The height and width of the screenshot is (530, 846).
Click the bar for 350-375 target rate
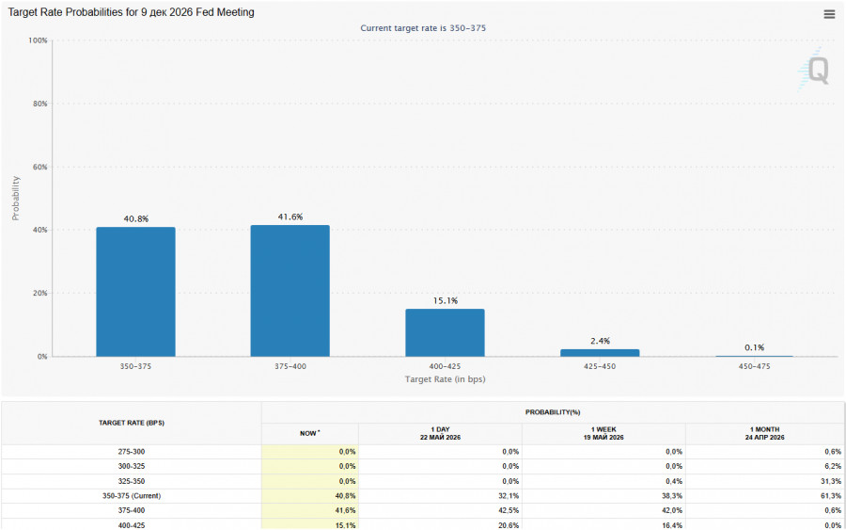(135, 292)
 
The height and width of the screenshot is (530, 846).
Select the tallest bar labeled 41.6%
(290, 291)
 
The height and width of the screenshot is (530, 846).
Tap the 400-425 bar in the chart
(446, 333)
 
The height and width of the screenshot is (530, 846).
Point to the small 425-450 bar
(600, 353)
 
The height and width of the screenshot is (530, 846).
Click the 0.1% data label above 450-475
(754, 347)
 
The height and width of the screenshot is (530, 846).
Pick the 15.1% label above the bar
(446, 300)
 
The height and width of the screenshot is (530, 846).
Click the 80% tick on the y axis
(39, 104)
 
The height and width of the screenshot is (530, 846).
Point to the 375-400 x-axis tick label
(290, 366)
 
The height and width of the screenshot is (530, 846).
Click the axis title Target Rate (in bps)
(446, 379)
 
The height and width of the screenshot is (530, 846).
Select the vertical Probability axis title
(16, 198)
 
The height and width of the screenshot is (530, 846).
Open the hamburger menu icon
(829, 14)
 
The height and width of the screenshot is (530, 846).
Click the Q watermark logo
(814, 70)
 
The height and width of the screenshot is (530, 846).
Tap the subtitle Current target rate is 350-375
(423, 28)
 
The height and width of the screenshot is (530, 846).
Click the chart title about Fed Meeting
(131, 12)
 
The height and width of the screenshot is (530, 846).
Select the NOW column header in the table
(309, 433)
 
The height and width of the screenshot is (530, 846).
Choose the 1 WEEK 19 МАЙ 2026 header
(603, 433)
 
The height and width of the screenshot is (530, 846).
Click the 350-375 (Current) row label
(132, 495)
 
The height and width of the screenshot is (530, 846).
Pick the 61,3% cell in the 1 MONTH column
(831, 495)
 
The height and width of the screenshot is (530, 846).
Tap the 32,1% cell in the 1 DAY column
(509, 495)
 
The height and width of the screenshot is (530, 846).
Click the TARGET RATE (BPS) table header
(132, 423)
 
